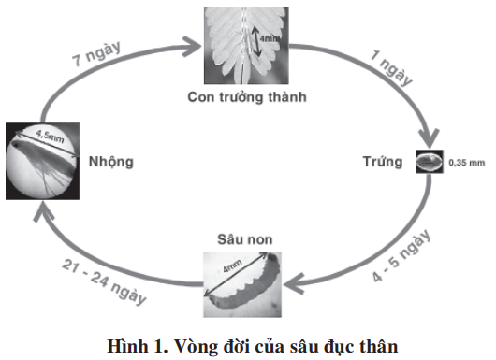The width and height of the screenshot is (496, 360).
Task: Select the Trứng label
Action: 383,162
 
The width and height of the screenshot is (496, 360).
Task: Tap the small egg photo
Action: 426,162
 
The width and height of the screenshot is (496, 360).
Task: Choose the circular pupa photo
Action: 41,158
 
